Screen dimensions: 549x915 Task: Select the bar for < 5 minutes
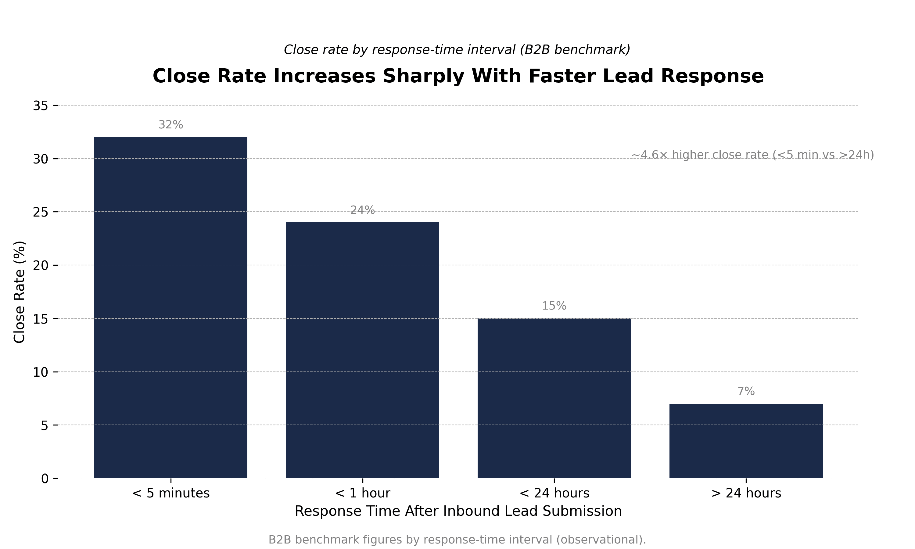tap(170, 307)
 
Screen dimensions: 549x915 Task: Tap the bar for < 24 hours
tap(554, 398)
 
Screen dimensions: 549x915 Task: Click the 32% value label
tap(170, 125)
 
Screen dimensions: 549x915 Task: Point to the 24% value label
tap(362, 210)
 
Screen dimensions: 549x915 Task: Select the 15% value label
tap(554, 306)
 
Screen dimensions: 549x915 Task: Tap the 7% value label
tap(746, 391)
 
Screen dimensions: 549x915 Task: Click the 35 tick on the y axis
tap(41, 106)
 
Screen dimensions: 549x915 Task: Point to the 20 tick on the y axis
tap(41, 266)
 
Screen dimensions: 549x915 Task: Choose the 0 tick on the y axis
tap(45, 479)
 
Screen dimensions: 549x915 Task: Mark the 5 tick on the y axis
tap(45, 425)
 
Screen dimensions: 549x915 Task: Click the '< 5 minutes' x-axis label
tap(170, 493)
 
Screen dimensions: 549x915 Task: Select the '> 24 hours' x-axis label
tap(746, 493)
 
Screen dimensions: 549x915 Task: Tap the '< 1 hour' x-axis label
tap(362, 493)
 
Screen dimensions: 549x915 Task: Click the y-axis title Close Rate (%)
tap(19, 292)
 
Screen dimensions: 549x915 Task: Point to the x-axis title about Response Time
tap(458, 511)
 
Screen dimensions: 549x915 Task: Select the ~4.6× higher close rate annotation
tap(752, 155)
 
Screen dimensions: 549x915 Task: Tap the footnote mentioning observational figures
tap(457, 540)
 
